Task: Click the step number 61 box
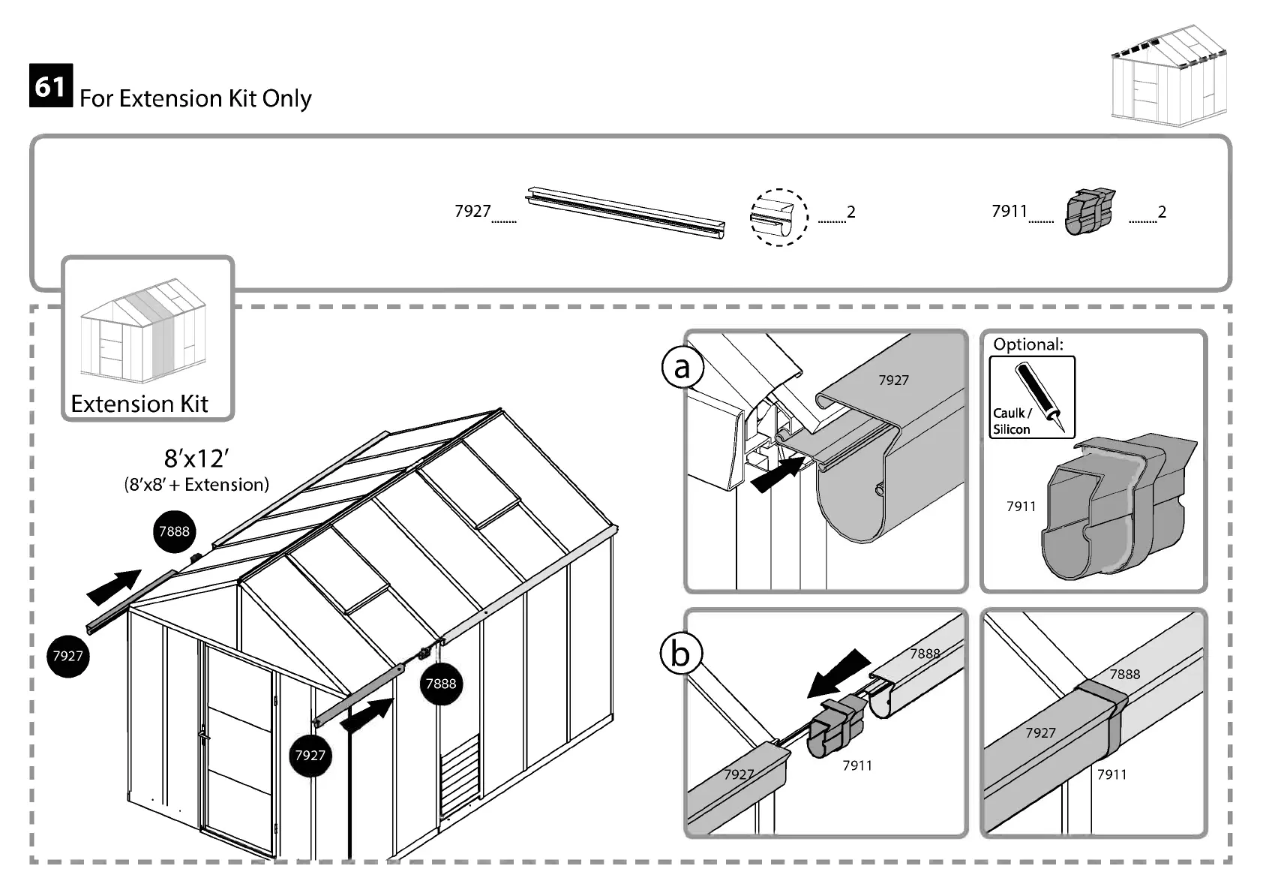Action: click(51, 86)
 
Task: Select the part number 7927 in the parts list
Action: click(472, 211)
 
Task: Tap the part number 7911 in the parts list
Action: click(1009, 211)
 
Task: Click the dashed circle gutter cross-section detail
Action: click(778, 217)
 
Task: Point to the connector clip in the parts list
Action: click(1089, 212)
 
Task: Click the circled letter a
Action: click(682, 368)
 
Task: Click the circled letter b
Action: click(680, 654)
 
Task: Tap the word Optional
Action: click(1027, 344)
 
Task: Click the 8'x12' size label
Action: click(196, 458)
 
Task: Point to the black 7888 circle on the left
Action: click(174, 531)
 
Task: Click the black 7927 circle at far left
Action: click(67, 656)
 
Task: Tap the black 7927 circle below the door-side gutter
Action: click(310, 755)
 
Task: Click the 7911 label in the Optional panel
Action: click(1021, 507)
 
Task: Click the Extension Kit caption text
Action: click(139, 404)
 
